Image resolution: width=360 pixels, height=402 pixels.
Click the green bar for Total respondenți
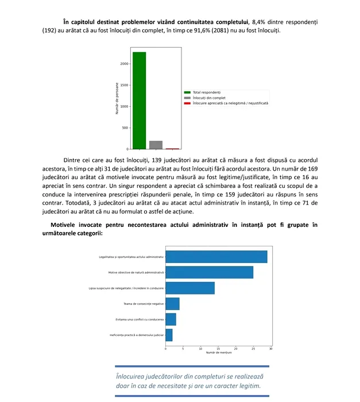[x=140, y=100]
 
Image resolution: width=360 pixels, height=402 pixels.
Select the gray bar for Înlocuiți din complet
[x=156, y=145]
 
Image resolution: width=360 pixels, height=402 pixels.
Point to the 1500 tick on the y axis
[x=125, y=85]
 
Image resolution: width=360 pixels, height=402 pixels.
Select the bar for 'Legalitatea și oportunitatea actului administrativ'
[x=216, y=257]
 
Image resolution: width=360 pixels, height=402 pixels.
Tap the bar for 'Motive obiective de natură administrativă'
[x=209, y=272]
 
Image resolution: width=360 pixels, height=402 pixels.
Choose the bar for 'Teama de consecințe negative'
[x=172, y=303]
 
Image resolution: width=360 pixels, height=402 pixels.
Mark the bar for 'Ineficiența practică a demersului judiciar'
[x=169, y=334]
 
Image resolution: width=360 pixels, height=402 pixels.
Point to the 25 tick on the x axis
[x=253, y=348]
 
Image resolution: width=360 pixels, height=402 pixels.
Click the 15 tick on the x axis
[x=218, y=348]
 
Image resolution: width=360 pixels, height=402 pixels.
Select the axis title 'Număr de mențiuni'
[x=219, y=352]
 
